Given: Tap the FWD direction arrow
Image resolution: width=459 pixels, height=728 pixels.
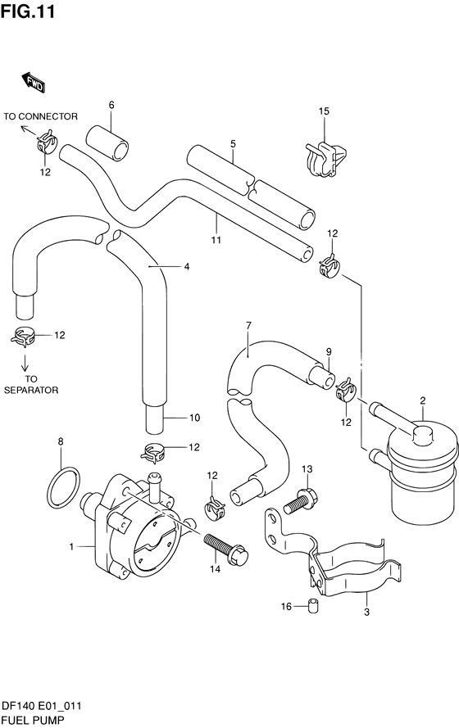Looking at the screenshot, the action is (34, 83).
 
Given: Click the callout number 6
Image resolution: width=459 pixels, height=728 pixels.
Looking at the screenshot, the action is (111, 105).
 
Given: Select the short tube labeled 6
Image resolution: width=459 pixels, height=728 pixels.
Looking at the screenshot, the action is (107, 143).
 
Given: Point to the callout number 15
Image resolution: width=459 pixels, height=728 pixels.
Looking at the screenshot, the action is (324, 111).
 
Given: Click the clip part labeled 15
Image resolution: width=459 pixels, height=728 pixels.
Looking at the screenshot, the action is (325, 159).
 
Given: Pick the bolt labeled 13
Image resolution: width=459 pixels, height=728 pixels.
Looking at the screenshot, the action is (298, 500).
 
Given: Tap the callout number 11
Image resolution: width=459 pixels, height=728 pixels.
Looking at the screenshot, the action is (216, 240).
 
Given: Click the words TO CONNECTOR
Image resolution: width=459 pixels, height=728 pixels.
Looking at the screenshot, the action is (40, 116).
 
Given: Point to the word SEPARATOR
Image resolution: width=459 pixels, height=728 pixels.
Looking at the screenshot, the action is (31, 390).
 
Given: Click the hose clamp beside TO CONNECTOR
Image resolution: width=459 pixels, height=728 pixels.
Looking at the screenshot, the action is (47, 142).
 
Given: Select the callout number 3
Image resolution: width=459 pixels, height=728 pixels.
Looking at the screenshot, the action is (366, 612).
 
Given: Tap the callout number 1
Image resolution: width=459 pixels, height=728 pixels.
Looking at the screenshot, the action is (71, 547).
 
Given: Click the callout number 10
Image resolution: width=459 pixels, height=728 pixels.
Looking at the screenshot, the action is (194, 418).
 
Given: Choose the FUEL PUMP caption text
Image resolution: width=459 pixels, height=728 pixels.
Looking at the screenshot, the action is (33, 720).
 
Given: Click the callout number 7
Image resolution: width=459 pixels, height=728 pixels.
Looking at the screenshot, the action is (248, 325).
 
